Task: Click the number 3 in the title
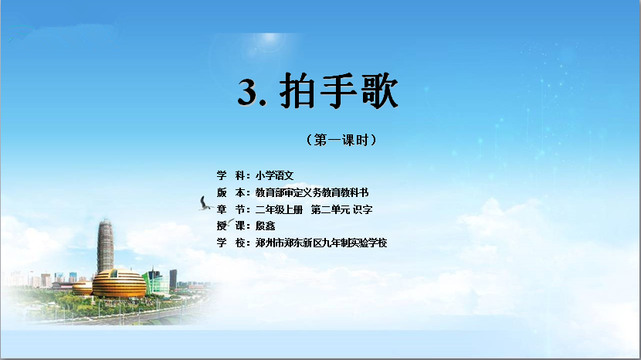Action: click(x=247, y=92)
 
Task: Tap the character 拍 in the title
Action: click(x=297, y=91)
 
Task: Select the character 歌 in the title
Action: click(x=378, y=91)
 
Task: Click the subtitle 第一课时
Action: click(x=341, y=141)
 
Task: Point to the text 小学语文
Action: click(x=275, y=175)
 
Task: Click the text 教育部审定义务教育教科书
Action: click(x=312, y=192)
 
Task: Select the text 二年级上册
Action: click(x=279, y=209)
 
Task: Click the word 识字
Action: click(x=363, y=209)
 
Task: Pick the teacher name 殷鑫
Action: click(x=266, y=226)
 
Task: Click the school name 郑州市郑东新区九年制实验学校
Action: click(x=321, y=243)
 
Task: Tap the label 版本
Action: click(x=232, y=192)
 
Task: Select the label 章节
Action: click(x=232, y=209)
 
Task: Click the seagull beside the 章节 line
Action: click(x=205, y=204)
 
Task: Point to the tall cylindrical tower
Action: click(x=105, y=246)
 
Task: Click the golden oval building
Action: click(x=119, y=283)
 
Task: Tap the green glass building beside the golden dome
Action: click(x=157, y=283)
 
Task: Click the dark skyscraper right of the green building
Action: click(x=173, y=279)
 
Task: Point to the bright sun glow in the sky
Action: click(x=270, y=41)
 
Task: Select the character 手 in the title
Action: click(x=338, y=91)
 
